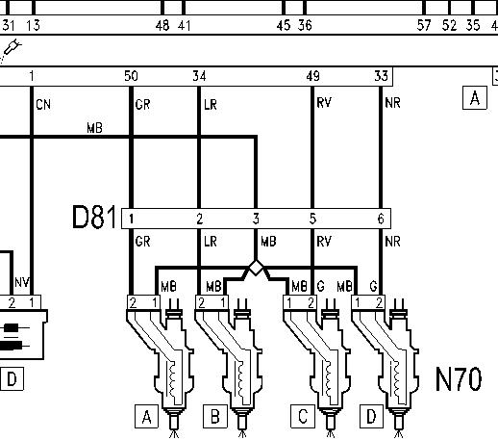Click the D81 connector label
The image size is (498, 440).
[94, 218]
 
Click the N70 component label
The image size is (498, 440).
[459, 379]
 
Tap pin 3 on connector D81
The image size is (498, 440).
[256, 219]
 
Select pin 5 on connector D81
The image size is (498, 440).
[312, 219]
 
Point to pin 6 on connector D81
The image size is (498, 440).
[381, 219]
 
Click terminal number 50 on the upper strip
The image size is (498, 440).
[131, 76]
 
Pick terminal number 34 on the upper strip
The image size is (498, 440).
[199, 76]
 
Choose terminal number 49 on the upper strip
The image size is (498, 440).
[312, 76]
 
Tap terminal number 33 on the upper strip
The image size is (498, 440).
[381, 76]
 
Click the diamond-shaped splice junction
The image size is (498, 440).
[256, 268]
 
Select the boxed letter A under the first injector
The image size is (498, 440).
[146, 417]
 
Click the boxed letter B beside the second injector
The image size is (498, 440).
[215, 417]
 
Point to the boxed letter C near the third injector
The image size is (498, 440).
[303, 417]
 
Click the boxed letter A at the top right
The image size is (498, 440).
[475, 98]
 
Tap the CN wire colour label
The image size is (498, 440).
[43, 105]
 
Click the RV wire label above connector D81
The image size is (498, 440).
[324, 103]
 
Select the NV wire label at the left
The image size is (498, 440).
[22, 282]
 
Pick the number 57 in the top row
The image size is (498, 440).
[424, 25]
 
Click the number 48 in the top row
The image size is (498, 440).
[162, 25]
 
